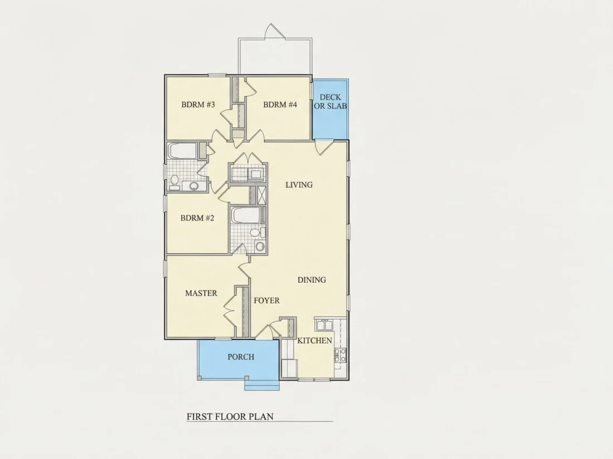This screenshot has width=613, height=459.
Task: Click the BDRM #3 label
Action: (198, 105)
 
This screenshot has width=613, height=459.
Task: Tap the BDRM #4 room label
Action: (280, 105)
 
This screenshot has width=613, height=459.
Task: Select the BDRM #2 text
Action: (197, 218)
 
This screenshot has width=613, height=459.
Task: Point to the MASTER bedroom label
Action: (201, 293)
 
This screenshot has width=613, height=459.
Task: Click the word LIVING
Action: (299, 185)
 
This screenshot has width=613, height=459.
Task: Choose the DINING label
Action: (312, 280)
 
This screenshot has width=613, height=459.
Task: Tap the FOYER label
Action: (266, 300)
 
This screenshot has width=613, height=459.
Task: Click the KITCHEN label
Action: (315, 340)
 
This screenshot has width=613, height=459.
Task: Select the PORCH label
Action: (241, 357)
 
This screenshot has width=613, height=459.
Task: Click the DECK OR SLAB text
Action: (330, 101)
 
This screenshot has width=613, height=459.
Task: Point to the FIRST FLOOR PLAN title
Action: (230, 417)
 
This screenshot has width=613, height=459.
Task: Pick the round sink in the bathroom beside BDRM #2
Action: (260, 246)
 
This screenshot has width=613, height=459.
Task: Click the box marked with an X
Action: (261, 195)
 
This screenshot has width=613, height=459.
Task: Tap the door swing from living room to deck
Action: (324, 147)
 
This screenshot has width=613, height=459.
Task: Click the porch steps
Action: (262, 385)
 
